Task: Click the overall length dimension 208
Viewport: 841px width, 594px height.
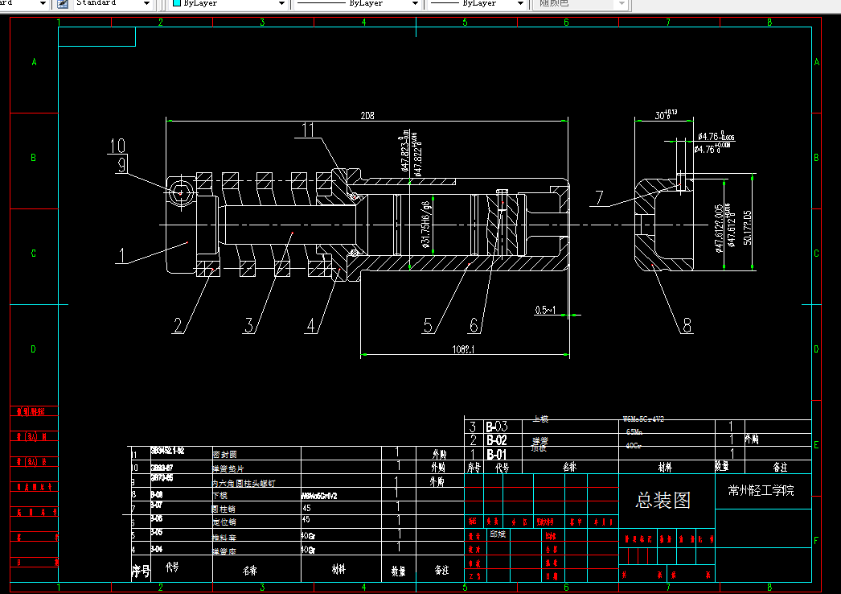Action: click(x=367, y=115)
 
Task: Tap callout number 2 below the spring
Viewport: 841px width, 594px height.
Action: click(x=179, y=324)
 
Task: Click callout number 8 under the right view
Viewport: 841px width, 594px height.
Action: click(x=687, y=325)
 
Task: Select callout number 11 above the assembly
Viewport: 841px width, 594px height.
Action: click(x=310, y=130)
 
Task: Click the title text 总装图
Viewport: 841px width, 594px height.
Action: click(x=663, y=501)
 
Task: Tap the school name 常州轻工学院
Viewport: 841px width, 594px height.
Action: click(x=761, y=490)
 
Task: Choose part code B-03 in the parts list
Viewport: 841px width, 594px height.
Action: click(x=496, y=427)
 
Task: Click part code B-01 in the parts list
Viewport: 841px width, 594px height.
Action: click(x=496, y=455)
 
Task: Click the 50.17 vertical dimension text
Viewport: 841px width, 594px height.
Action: click(x=747, y=230)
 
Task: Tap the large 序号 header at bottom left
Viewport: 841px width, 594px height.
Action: click(x=141, y=571)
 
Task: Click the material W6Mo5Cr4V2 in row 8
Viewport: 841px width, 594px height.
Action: click(x=319, y=496)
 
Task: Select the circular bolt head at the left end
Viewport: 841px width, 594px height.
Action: click(x=180, y=192)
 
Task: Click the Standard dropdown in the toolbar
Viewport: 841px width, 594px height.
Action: click(x=112, y=4)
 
